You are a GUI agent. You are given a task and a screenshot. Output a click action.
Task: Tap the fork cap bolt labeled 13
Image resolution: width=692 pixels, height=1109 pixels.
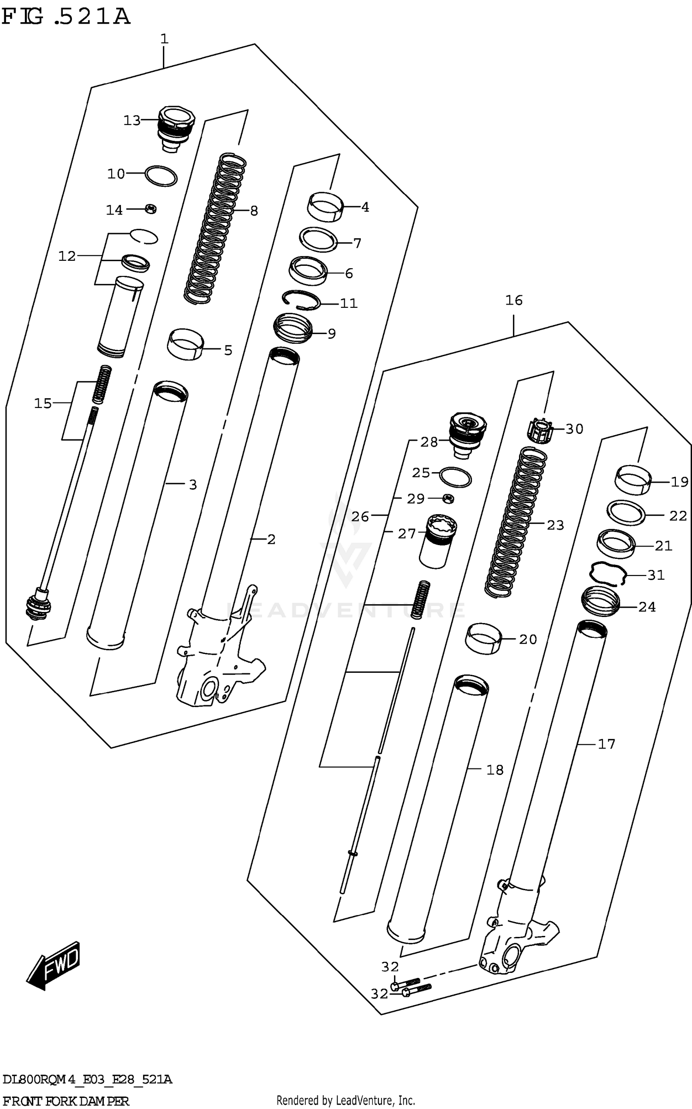[x=176, y=127]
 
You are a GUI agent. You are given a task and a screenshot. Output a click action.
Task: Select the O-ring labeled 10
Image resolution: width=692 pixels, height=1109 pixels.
[x=161, y=176]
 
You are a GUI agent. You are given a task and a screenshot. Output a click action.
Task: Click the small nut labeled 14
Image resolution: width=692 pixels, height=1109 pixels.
[x=151, y=209]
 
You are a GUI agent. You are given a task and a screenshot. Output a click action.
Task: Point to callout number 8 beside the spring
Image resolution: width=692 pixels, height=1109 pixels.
[x=254, y=211]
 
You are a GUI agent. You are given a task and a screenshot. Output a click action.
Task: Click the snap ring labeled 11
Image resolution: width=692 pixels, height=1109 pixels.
[x=301, y=301]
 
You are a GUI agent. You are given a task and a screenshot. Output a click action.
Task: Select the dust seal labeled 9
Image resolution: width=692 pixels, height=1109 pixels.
[x=293, y=328]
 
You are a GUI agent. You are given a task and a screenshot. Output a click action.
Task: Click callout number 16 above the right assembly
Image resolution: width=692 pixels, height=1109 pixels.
[x=513, y=300]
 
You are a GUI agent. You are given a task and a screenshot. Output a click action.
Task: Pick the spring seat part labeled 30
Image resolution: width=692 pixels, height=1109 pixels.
[x=539, y=432]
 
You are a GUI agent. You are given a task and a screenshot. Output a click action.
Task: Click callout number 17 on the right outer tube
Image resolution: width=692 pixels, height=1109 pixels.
[x=606, y=744]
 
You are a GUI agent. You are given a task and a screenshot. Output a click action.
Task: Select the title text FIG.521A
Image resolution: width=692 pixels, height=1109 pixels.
[x=66, y=17]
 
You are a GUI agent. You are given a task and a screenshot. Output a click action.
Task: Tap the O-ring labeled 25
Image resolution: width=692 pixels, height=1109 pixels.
[x=455, y=477]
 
